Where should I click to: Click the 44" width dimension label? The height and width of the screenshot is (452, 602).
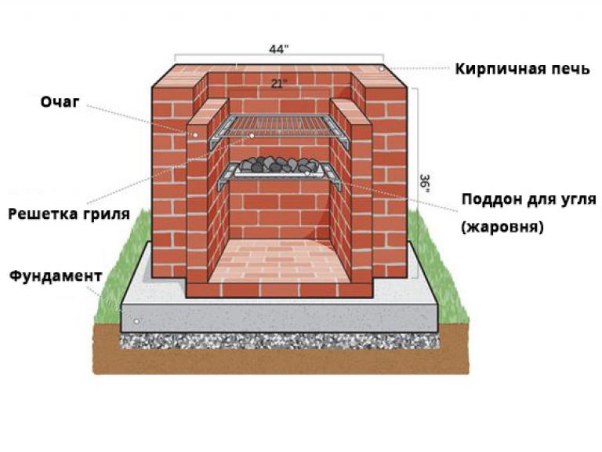[x=279, y=49]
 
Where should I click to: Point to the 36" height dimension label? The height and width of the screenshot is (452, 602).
[x=425, y=184]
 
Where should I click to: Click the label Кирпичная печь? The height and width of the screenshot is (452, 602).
[x=522, y=69]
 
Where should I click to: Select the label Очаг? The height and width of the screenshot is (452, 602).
[x=60, y=102]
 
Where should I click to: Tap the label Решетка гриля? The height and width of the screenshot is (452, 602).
[x=69, y=214]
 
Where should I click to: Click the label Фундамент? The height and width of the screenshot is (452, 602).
[x=56, y=276]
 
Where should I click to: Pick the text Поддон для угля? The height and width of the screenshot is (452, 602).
[x=528, y=199]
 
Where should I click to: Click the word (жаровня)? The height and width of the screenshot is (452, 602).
[x=502, y=227]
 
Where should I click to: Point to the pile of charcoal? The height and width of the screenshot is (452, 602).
[x=278, y=165]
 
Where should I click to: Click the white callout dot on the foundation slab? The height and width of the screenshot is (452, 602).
[x=136, y=321]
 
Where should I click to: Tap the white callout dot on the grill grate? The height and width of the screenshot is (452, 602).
[x=252, y=136]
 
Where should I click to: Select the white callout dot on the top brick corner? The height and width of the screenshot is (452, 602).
[x=381, y=69]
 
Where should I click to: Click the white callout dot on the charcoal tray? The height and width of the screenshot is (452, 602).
[x=307, y=173]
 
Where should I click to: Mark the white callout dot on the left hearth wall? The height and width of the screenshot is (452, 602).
[x=195, y=135]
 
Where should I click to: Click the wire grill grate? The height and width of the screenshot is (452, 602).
[x=280, y=126]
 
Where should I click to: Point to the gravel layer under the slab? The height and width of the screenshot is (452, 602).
[x=281, y=341]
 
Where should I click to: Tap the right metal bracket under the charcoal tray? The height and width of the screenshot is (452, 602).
[x=332, y=176]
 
